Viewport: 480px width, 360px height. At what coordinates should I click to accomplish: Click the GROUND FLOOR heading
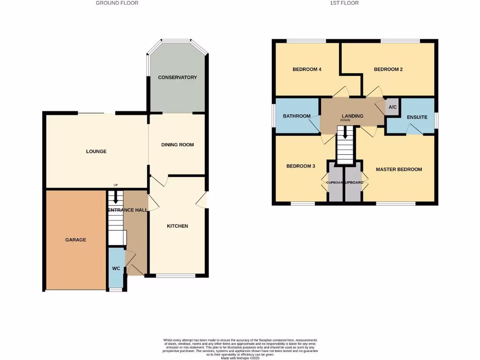(x=117, y=3)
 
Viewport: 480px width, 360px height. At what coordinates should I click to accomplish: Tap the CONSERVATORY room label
(x=177, y=77)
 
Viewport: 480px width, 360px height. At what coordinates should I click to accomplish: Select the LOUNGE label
(x=96, y=151)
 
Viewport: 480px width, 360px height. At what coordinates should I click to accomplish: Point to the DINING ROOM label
(x=177, y=145)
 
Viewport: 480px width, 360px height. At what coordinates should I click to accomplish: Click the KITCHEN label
(x=177, y=226)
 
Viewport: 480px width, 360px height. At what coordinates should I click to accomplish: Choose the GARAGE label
(x=75, y=240)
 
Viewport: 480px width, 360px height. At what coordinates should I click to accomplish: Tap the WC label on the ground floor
(x=116, y=269)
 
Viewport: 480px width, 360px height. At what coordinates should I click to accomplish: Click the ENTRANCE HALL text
(x=127, y=210)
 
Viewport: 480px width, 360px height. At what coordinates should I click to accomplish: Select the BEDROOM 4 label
(x=307, y=69)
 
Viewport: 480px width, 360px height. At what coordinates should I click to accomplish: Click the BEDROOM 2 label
(x=388, y=69)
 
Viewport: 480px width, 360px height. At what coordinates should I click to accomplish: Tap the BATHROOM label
(x=297, y=116)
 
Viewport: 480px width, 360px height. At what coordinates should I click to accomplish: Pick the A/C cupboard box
(x=392, y=107)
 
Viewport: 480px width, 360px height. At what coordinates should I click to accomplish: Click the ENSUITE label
(x=417, y=117)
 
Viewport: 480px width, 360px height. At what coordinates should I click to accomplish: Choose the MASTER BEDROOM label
(x=399, y=169)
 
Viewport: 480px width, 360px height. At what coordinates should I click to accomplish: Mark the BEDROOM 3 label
(x=300, y=166)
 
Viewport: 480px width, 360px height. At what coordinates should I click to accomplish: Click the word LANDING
(x=352, y=116)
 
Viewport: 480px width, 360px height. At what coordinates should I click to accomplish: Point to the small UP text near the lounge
(x=115, y=185)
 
